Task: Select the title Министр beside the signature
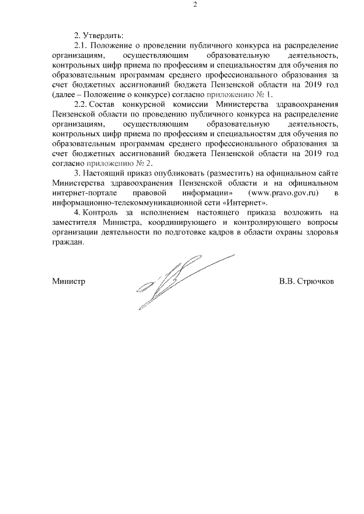click(x=68, y=282)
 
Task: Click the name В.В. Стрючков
click(x=307, y=282)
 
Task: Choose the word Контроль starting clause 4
click(x=100, y=212)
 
